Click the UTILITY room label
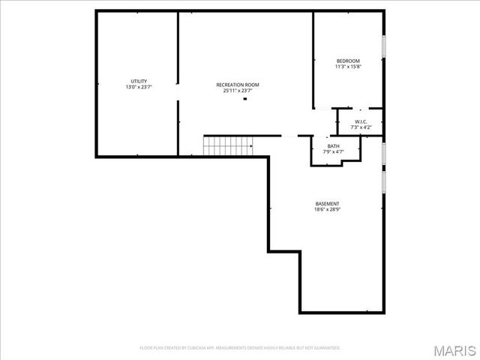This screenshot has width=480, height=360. (139, 81)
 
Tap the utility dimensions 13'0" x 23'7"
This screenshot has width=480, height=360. (139, 87)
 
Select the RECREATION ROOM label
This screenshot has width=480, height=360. (238, 85)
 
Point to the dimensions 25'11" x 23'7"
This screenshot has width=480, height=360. (238, 91)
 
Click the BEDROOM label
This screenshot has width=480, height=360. (348, 61)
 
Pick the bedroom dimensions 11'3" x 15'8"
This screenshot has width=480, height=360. (348, 67)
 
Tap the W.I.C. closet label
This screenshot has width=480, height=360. (360, 121)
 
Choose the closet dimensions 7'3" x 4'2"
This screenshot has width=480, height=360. (360, 127)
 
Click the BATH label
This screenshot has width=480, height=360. (333, 146)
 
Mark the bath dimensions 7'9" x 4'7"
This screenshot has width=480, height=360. (333, 152)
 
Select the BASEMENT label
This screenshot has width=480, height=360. (327, 204)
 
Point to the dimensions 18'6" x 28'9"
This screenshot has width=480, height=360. (327, 210)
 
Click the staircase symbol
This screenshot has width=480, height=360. (227, 145)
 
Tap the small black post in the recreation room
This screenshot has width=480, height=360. (244, 98)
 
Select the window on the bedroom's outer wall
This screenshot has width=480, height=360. (384, 46)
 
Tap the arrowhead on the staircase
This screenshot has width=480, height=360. (250, 146)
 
